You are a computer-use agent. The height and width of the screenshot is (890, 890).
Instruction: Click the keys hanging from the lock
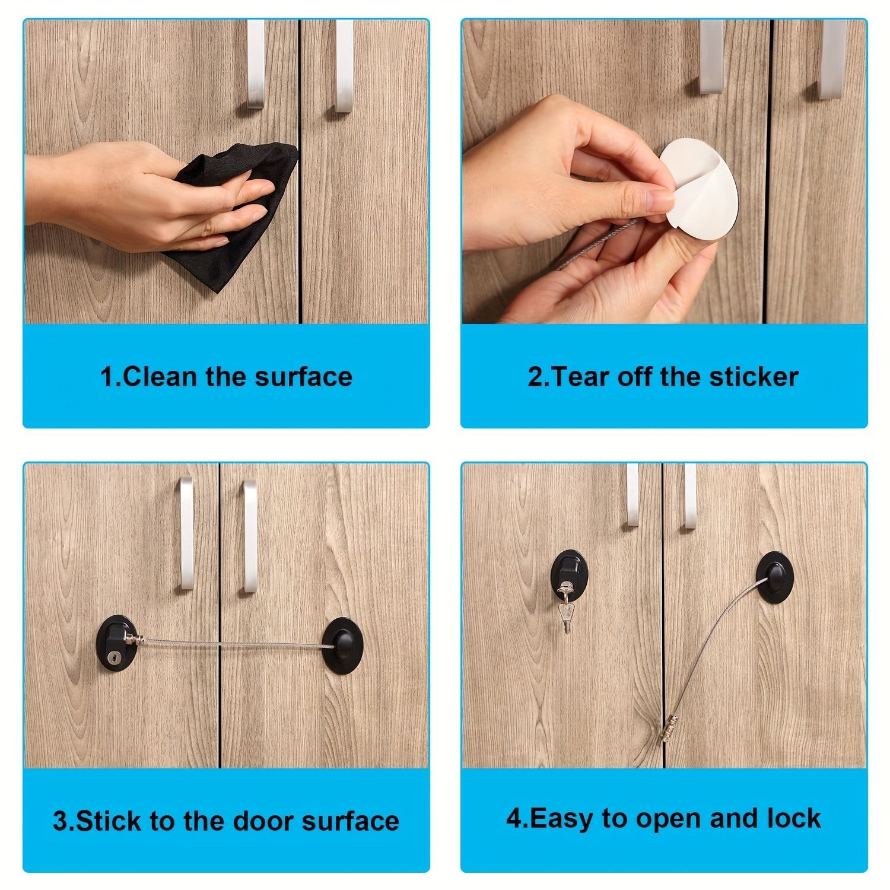566,605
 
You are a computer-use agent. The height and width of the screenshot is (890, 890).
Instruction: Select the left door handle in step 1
256,65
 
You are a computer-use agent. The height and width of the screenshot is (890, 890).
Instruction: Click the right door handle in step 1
344,65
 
